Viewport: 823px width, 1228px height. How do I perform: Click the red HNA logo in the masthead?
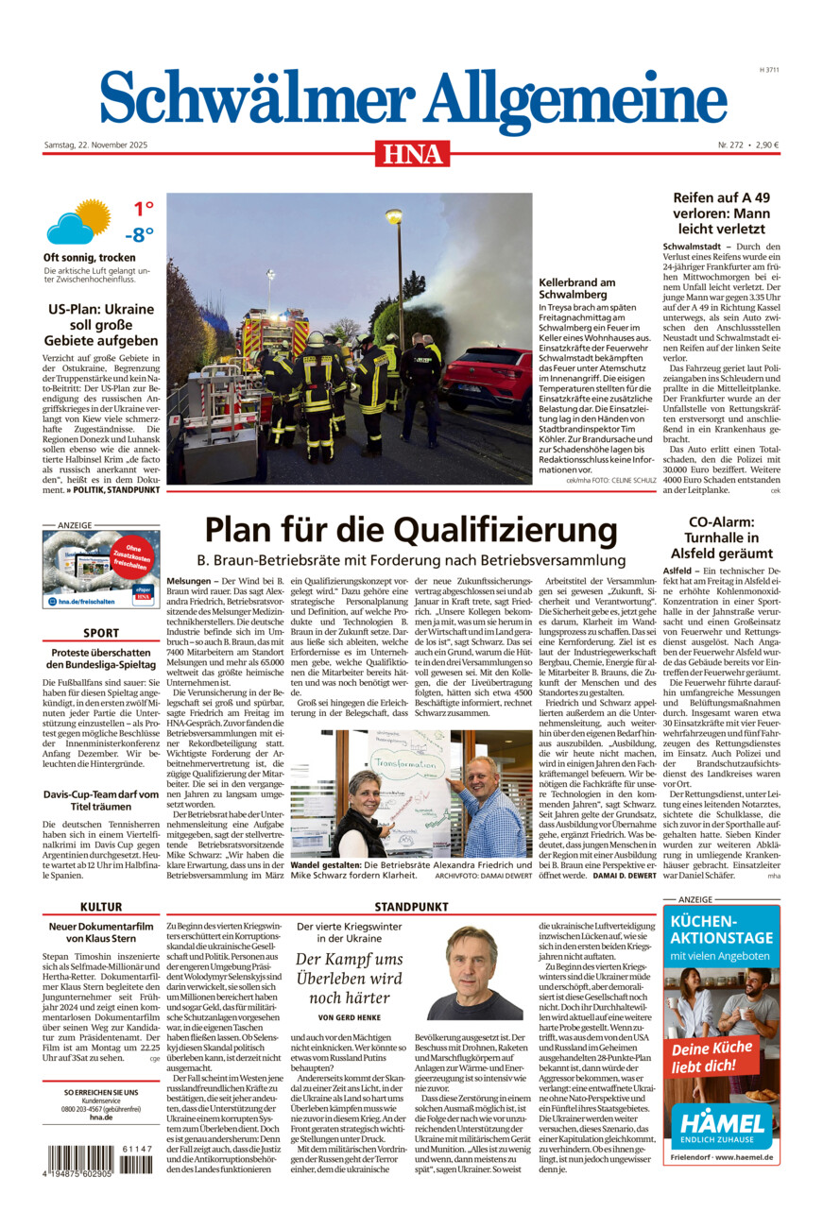coord(412,153)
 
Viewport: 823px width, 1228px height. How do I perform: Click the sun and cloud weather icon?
coord(77,221)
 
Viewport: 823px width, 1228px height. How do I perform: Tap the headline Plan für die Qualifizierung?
coord(411,529)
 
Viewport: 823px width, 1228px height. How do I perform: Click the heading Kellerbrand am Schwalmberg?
coord(577,289)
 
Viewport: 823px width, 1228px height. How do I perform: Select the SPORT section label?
coord(101,633)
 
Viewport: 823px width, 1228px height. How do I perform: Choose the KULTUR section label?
coord(101,907)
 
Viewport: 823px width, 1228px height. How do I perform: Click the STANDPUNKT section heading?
coord(411,907)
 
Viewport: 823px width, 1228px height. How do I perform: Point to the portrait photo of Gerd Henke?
coord(474,973)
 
